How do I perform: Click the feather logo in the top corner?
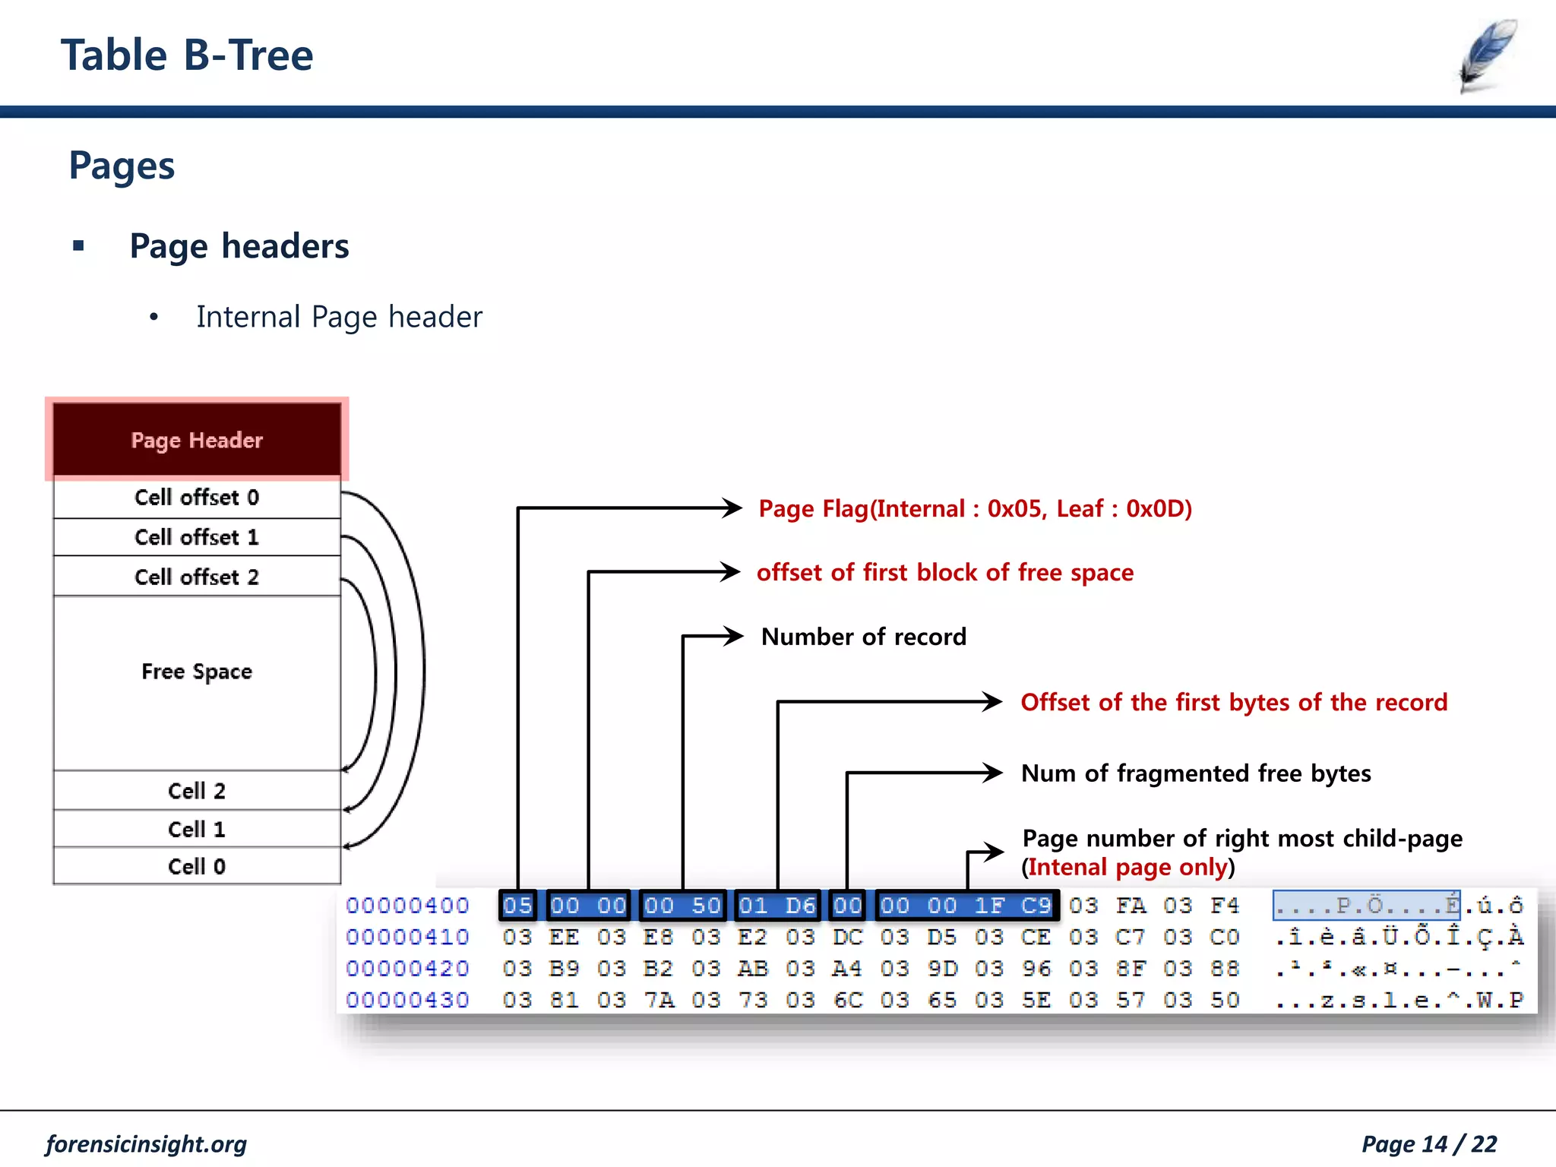(x=1488, y=55)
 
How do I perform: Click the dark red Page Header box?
(x=197, y=439)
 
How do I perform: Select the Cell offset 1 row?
(x=197, y=537)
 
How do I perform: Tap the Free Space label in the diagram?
(x=197, y=672)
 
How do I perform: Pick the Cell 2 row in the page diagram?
(x=197, y=791)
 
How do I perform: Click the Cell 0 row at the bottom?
(x=197, y=866)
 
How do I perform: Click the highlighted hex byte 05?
(x=517, y=906)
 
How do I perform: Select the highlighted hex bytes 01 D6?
(x=777, y=906)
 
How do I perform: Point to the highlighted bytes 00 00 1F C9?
(x=966, y=906)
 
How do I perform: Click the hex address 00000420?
(x=407, y=969)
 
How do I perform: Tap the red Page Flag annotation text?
(x=975, y=508)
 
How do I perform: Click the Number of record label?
(x=864, y=637)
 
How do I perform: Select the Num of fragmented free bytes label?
(x=1196, y=773)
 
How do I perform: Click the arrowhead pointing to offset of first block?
(x=731, y=571)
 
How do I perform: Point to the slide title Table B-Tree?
(x=187, y=55)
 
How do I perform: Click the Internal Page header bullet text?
(x=339, y=317)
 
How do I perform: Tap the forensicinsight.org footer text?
(x=146, y=1143)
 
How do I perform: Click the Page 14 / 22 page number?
(x=1428, y=1143)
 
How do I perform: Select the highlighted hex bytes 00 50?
(x=682, y=906)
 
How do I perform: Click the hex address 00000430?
(x=407, y=1000)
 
